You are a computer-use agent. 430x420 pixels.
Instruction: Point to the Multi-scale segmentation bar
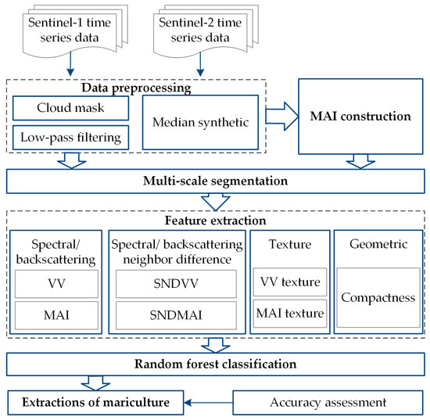pos(215,182)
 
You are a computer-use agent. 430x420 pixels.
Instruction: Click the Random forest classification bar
pos(215,364)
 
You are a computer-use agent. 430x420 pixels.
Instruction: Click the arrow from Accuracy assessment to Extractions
pos(207,402)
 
